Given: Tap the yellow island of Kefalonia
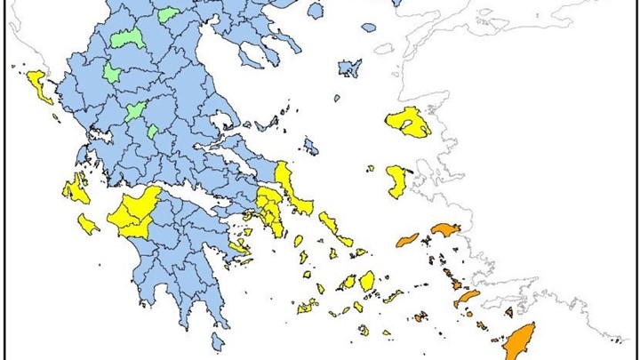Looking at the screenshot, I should pos(76,188).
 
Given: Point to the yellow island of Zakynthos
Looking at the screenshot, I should pos(87,222).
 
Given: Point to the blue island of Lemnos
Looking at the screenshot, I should pos(350,68).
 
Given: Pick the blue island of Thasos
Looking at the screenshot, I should pos(315,11).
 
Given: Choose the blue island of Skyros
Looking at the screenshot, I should pos(310,146).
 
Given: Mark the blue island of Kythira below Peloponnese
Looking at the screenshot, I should pos(218,341).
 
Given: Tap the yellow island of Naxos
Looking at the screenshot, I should pos(367,281).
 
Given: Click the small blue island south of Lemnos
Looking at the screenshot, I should pos(337,99).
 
